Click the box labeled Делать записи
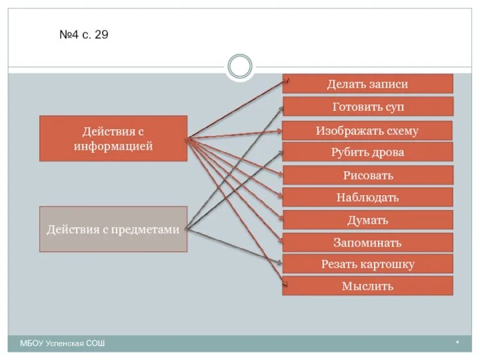point(367,84)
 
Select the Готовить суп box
point(367,107)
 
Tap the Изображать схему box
point(367,131)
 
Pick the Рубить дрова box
point(367,152)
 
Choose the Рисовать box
point(367,175)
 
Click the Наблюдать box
point(367,197)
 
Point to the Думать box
point(367,220)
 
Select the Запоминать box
point(367,242)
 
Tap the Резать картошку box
point(367,264)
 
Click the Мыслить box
point(367,286)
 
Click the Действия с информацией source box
point(113,139)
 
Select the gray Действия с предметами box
point(113,229)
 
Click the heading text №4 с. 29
point(83,35)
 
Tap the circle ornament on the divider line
point(240,67)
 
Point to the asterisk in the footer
point(457,343)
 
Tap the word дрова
point(388,152)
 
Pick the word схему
point(398,131)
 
